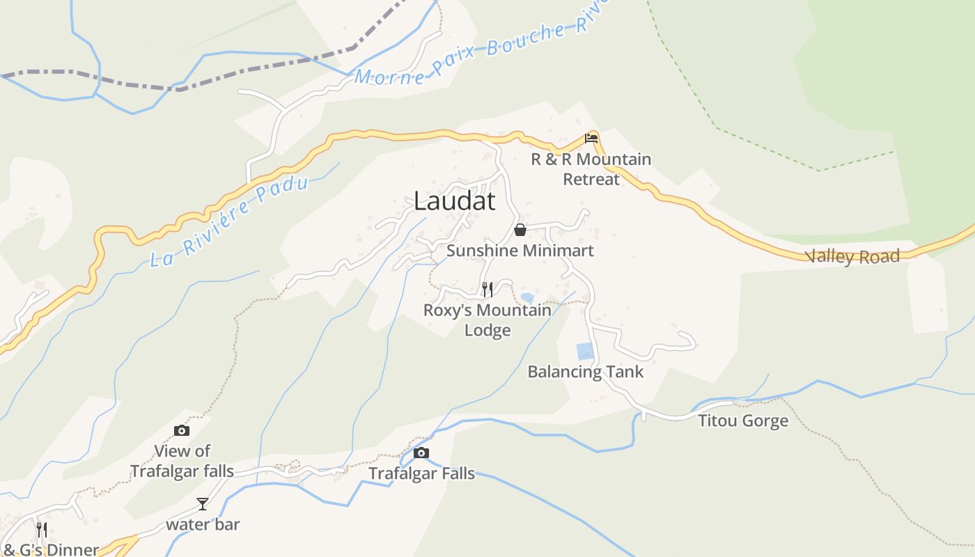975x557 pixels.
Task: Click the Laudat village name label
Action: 454,201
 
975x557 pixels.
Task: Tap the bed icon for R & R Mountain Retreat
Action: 591,138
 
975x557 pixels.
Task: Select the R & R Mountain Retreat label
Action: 591,169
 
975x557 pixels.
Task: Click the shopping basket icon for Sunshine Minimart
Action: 520,230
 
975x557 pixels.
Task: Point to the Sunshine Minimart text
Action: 520,251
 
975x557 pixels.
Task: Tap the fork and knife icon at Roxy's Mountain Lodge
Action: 487,289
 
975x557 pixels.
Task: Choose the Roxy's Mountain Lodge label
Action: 487,320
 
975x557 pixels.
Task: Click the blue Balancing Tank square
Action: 585,352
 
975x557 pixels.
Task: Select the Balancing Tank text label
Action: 585,372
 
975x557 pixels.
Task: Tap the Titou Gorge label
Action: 743,421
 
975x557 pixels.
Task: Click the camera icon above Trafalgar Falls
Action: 421,453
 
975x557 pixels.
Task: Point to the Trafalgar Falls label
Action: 421,473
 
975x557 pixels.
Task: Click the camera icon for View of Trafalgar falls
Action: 182,431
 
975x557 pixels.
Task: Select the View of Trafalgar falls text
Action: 182,461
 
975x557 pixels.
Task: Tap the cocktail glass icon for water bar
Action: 202,503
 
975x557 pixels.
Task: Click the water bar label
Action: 203,524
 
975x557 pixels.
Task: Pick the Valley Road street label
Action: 853,257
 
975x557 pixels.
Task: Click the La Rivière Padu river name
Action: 229,222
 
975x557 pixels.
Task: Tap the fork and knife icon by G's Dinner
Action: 42,530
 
